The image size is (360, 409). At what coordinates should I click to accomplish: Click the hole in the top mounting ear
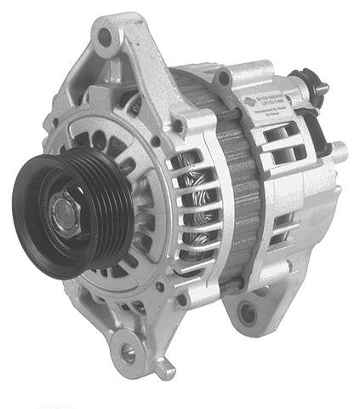tap(106, 37)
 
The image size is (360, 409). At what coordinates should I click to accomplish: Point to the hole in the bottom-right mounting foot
tap(247, 314)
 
